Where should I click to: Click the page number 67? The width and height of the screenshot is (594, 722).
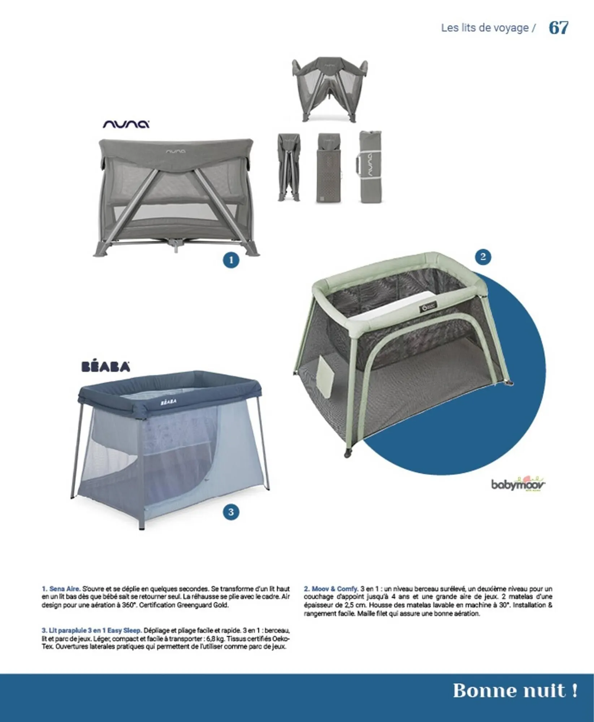[558, 28]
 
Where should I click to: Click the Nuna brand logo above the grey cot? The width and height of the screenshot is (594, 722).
[126, 124]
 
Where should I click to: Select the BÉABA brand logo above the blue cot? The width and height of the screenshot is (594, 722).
[106, 367]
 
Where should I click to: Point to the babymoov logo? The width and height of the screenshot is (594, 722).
[518, 484]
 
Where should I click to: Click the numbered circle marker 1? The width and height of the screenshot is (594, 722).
[231, 260]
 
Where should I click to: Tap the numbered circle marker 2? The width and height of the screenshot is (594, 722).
[483, 257]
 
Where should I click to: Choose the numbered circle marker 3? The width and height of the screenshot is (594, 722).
[231, 512]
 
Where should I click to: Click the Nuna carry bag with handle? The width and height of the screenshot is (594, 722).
[370, 167]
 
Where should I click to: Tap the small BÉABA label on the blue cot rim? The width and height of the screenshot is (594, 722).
[168, 401]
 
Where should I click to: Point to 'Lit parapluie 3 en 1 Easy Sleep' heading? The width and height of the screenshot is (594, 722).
[91, 631]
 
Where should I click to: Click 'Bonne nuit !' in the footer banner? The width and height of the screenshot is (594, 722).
[515, 691]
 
